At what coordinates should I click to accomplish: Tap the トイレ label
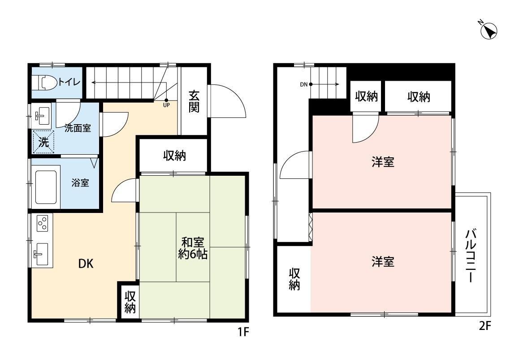(69, 82)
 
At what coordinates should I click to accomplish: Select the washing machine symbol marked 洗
(43, 142)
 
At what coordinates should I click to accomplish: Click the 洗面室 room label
(78, 128)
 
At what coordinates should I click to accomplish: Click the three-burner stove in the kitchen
(43, 223)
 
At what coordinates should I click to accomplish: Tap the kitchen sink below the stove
(42, 254)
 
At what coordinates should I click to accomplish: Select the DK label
(86, 263)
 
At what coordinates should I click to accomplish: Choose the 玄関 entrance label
(194, 101)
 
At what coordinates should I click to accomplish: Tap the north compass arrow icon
(489, 31)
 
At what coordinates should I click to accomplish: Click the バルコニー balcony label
(471, 256)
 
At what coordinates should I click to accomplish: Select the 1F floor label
(243, 332)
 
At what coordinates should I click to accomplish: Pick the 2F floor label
(485, 326)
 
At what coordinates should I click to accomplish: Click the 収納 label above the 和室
(175, 155)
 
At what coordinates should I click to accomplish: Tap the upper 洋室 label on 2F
(383, 162)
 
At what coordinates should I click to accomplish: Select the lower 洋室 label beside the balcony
(383, 262)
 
